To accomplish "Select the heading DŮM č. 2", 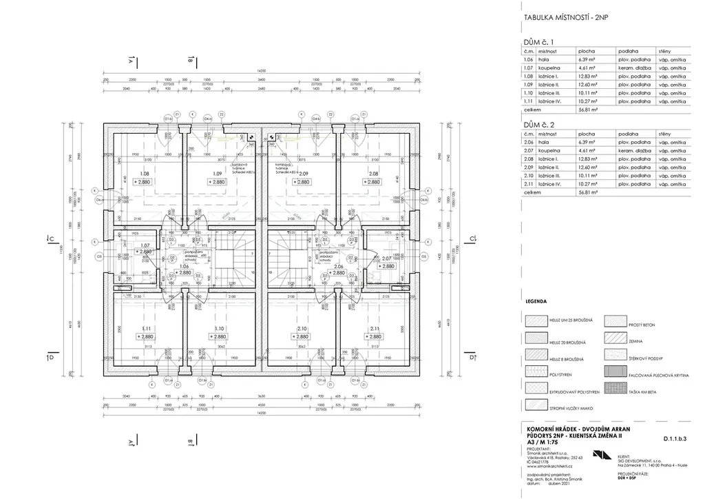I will click(540, 124).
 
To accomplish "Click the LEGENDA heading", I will click(536, 302).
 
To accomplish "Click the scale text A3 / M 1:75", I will click(542, 443).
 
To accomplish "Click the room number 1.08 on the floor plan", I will click(145, 174).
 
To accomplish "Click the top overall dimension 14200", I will click(261, 71).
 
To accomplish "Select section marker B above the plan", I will click(189, 60).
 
